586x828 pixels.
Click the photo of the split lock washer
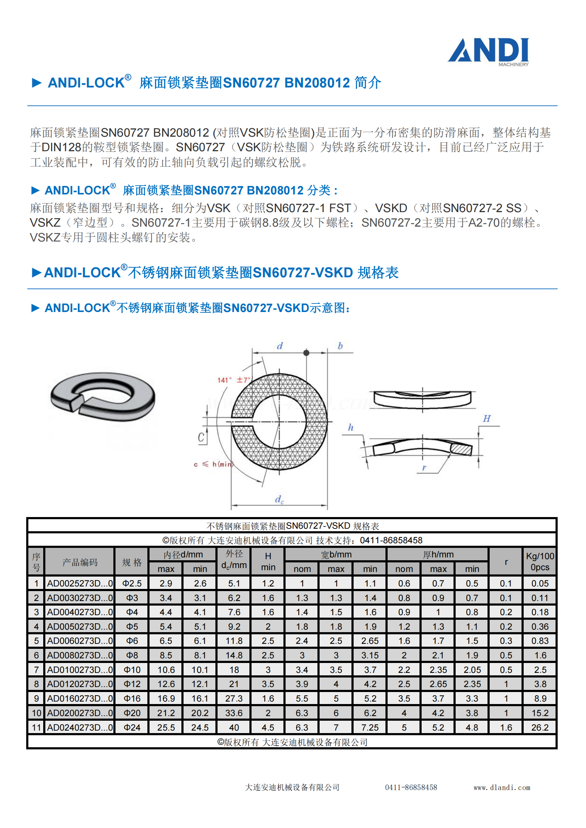tap(103, 397)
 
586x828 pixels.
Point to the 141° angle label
tap(224, 380)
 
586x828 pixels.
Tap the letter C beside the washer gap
tap(201, 437)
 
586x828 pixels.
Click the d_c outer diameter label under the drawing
tap(279, 499)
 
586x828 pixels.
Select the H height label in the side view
tap(486, 419)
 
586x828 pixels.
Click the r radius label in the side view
tap(424, 467)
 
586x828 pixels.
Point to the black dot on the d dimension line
tap(306, 353)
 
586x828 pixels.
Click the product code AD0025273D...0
tap(80, 583)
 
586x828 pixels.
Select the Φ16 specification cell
tap(132, 698)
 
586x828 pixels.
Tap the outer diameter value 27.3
tap(234, 698)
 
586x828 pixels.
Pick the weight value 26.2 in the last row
tap(540, 727)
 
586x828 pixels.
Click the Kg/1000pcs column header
tap(540, 561)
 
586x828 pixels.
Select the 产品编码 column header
tap(80, 562)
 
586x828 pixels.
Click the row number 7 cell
tap(36, 670)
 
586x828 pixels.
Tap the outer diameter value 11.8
tap(234, 641)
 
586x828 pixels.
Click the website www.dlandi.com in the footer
tap(502, 788)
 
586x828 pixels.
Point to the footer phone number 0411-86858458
tap(411, 788)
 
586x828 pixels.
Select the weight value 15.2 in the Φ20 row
tap(540, 713)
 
